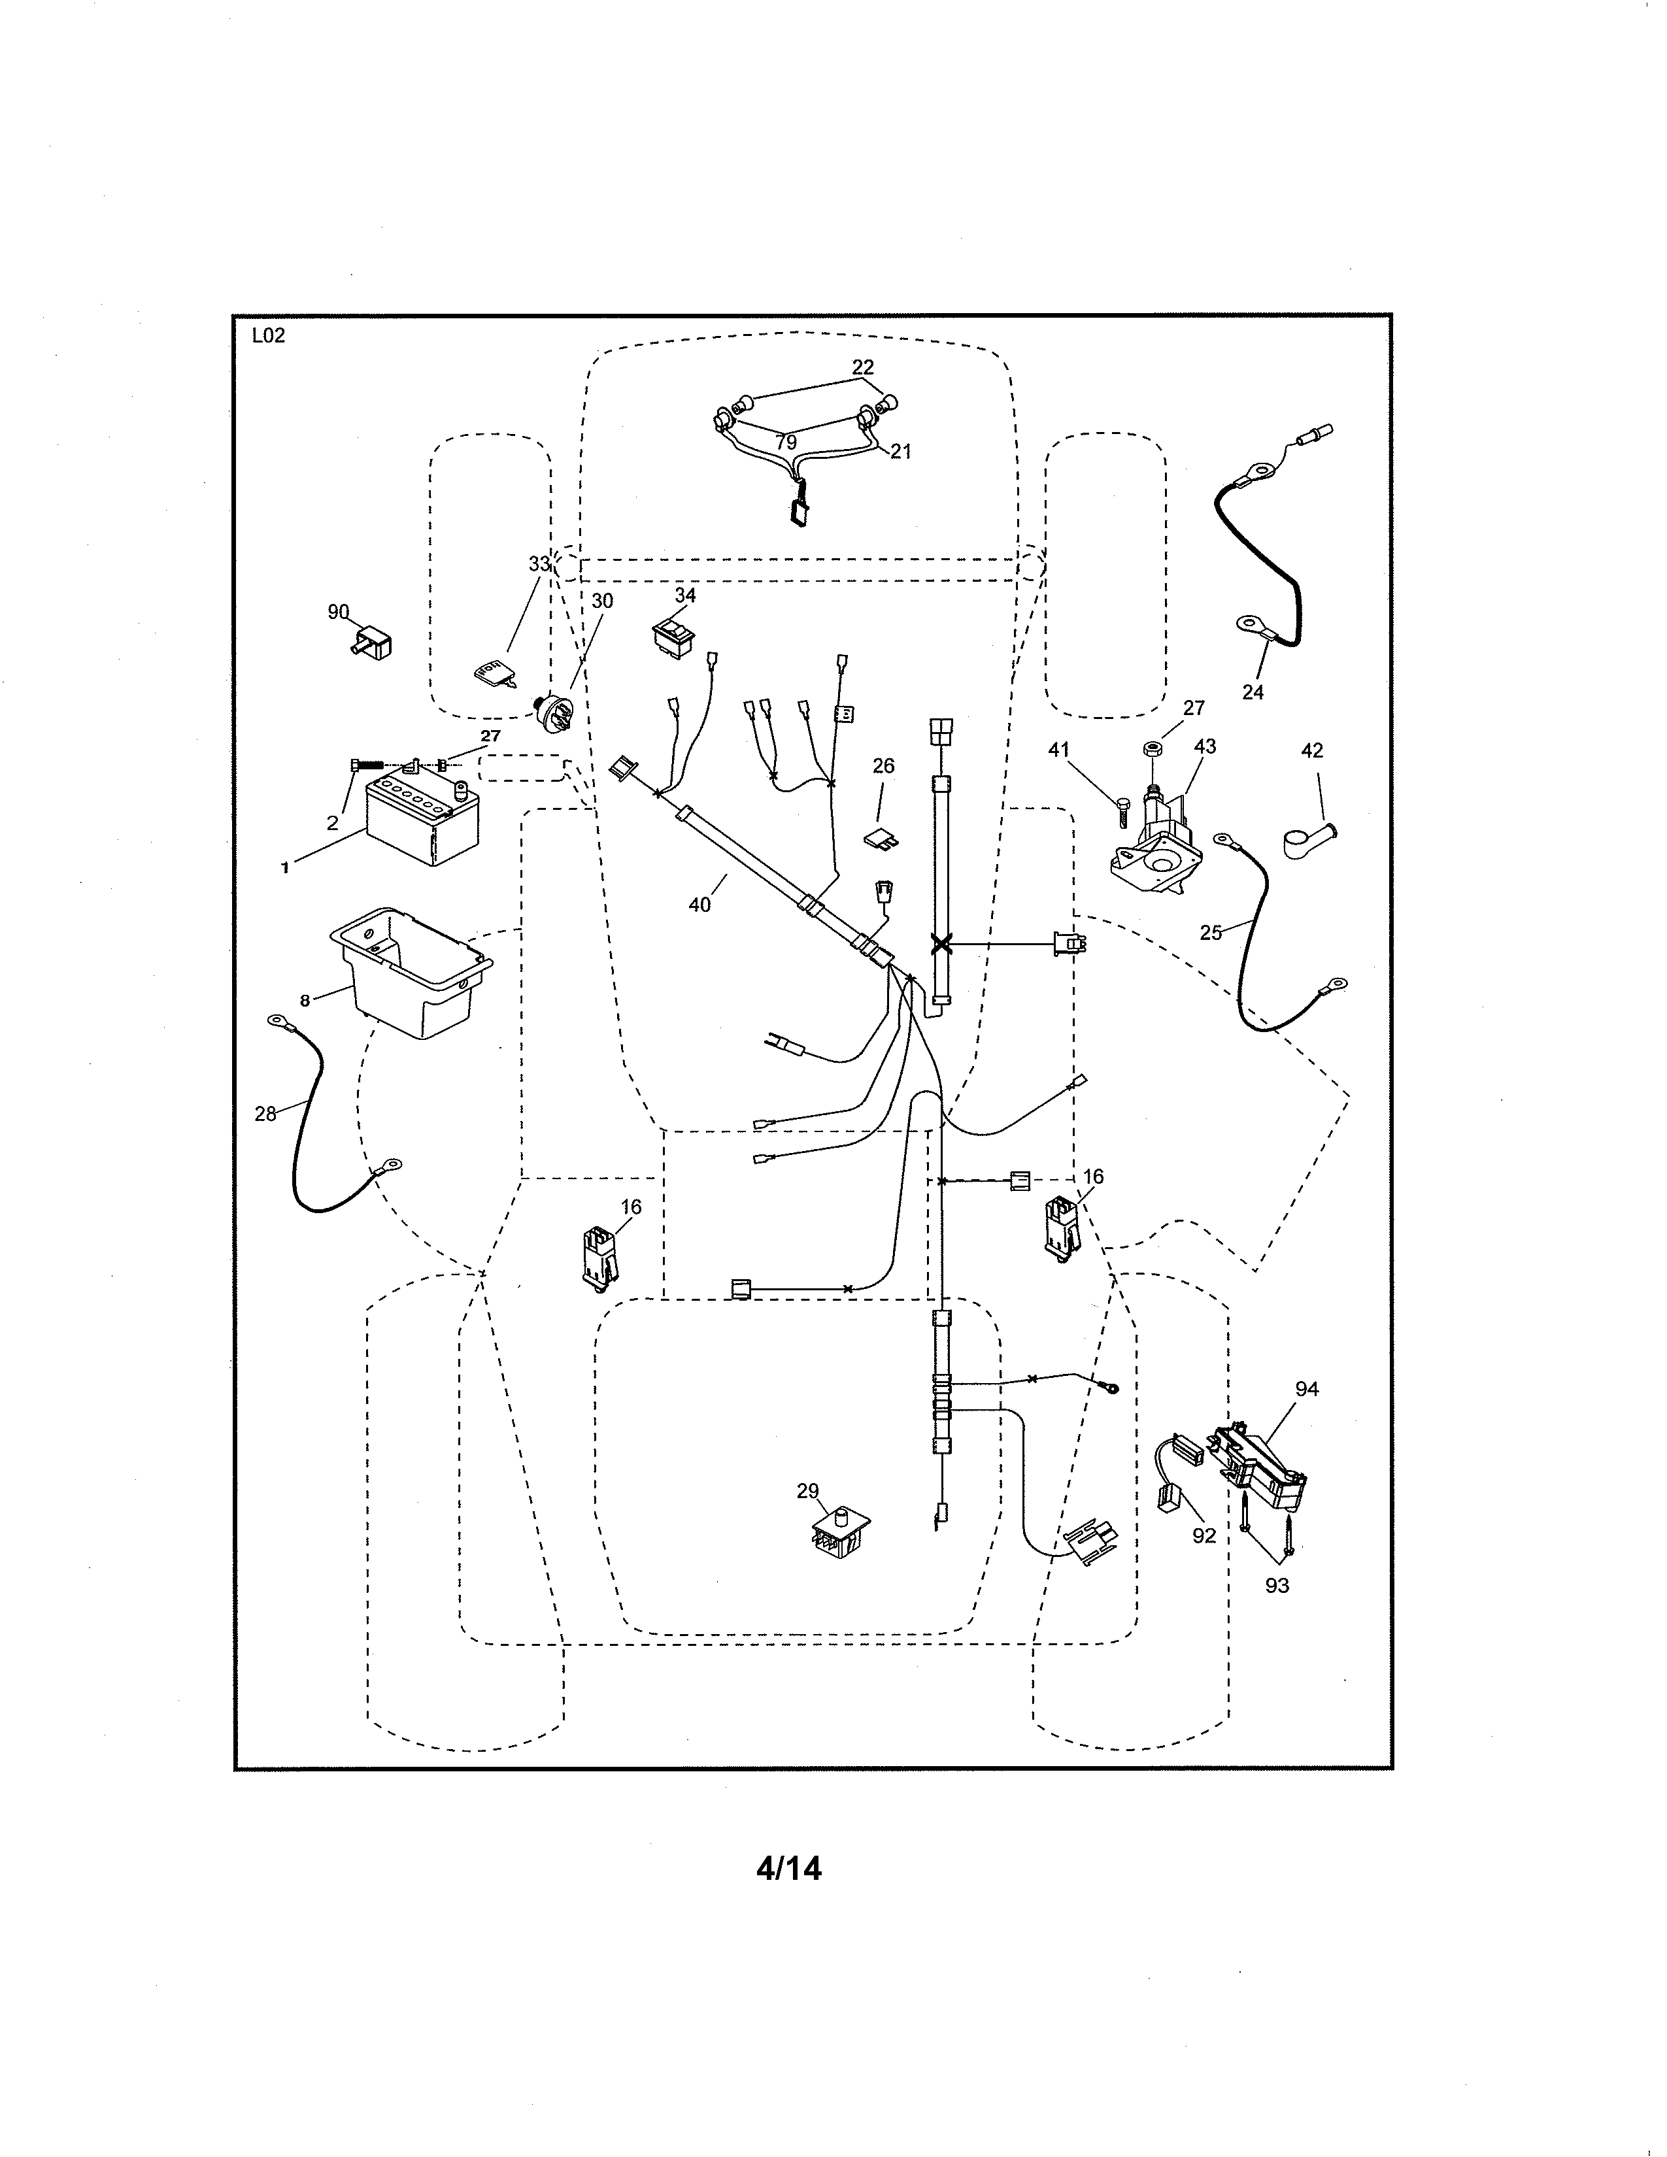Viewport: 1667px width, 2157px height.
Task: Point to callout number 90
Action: point(339,612)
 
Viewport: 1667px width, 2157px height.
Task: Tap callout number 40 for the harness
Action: point(699,905)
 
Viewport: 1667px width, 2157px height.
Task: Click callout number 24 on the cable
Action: point(1253,692)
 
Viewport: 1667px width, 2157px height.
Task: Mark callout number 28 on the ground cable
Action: point(265,1114)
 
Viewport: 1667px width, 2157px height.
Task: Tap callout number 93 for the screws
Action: point(1277,1587)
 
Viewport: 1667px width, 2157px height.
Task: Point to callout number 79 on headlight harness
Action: point(786,443)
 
